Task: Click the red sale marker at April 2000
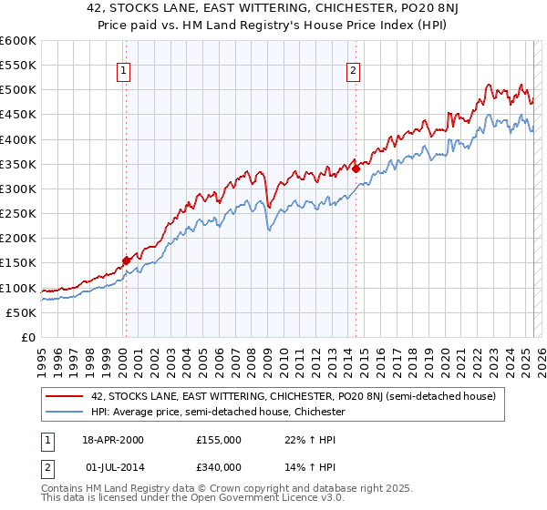[126, 260]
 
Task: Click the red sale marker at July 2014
[356, 168]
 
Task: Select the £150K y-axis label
[18, 263]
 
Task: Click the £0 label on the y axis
[27, 337]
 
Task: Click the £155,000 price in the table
[218, 440]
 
